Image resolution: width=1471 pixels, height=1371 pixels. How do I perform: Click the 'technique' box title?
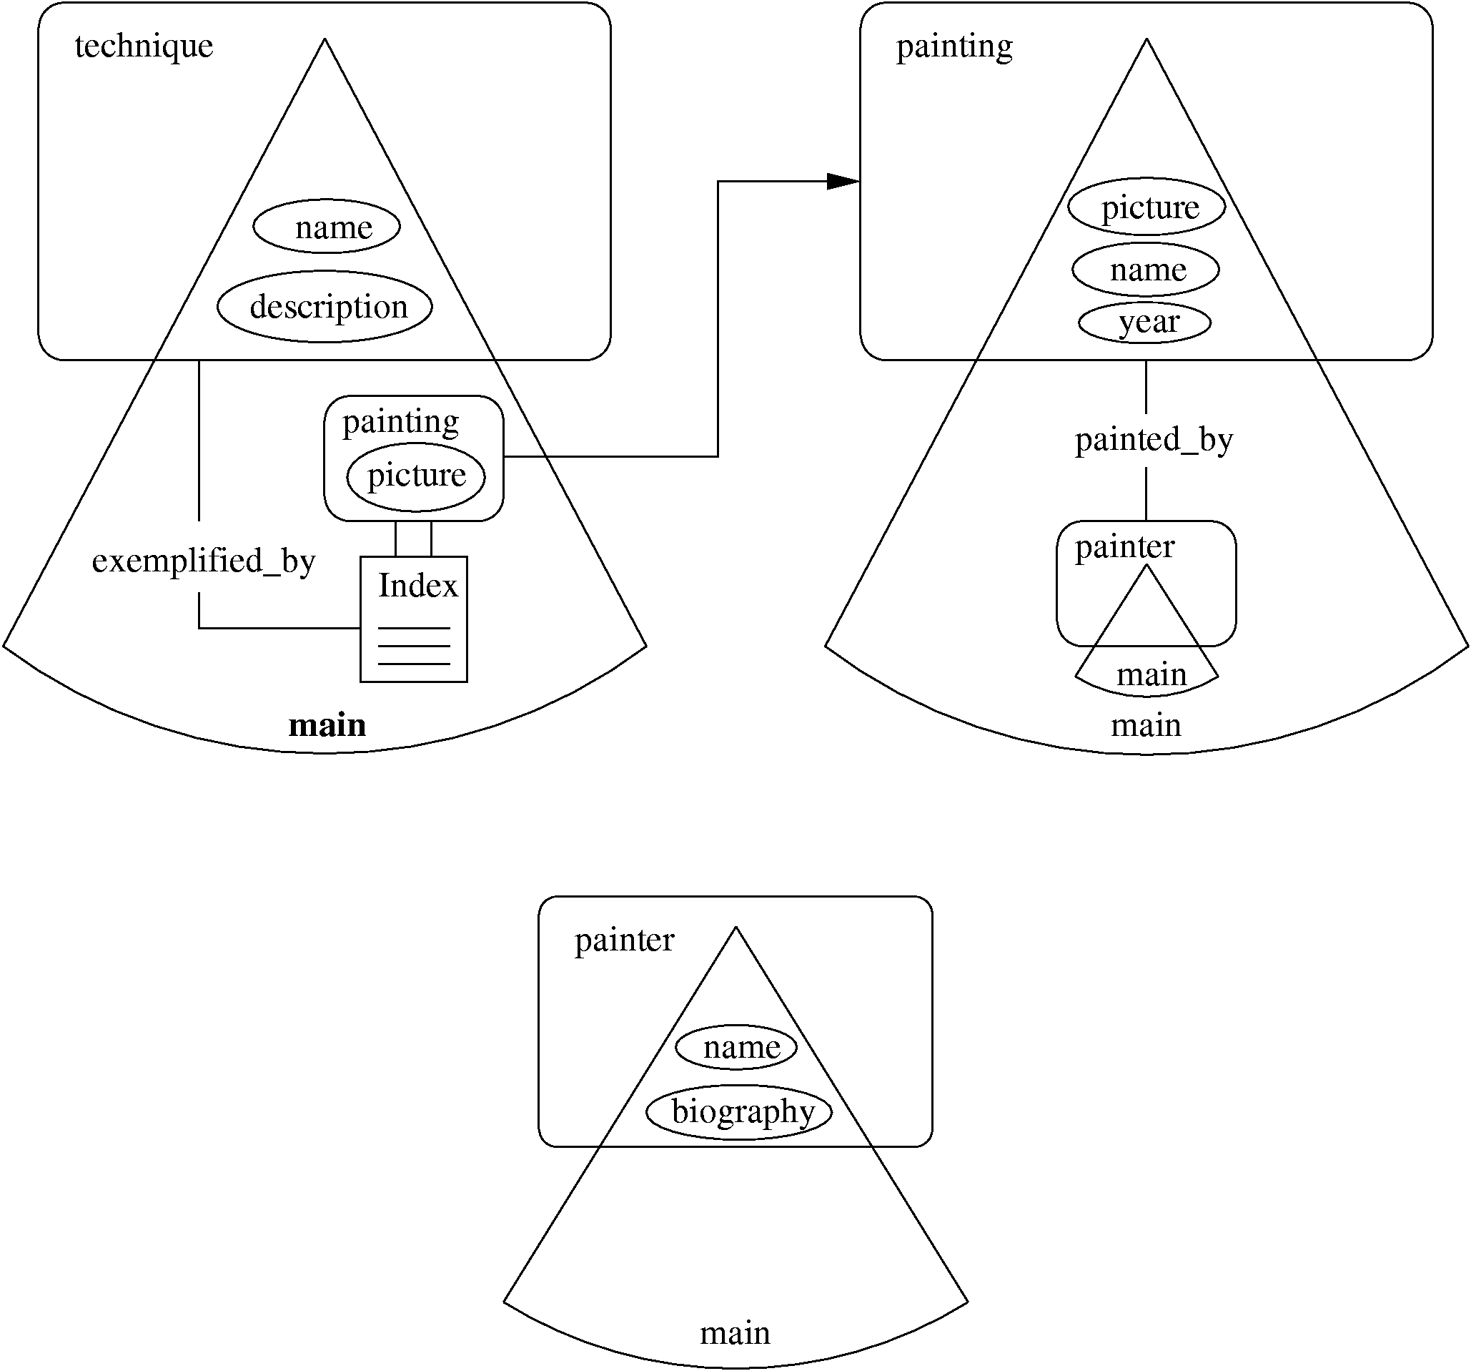click(x=144, y=46)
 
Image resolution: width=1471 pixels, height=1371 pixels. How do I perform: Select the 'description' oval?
click(x=325, y=307)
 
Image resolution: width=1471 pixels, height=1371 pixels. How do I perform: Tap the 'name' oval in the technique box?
click(x=327, y=227)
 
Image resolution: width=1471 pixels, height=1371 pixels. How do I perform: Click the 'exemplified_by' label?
click(x=204, y=561)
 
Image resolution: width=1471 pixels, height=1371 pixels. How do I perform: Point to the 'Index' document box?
click(x=414, y=619)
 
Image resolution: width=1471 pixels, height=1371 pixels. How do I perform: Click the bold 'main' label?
click(x=327, y=724)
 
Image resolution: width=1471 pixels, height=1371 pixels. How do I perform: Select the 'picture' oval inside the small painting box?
click(x=416, y=476)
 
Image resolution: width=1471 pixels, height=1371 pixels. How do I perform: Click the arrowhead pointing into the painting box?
click(x=842, y=181)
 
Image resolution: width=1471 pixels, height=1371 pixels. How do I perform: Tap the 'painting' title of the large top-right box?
click(x=954, y=46)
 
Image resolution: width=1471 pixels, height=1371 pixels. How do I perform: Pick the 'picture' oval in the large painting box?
click(x=1147, y=207)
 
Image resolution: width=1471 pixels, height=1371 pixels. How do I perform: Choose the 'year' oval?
click(x=1144, y=322)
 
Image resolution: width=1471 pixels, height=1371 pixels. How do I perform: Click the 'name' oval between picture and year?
click(x=1146, y=270)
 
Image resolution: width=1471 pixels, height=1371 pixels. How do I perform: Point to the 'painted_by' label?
click(x=1154, y=440)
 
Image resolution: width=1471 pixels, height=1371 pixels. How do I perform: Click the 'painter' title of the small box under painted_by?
click(x=1124, y=547)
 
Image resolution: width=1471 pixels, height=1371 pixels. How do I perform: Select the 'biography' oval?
click(x=740, y=1111)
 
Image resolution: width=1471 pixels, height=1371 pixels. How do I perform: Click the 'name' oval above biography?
click(x=737, y=1047)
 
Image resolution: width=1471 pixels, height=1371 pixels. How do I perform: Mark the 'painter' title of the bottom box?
click(x=624, y=940)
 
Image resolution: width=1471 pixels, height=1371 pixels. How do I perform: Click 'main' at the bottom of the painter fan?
click(x=735, y=1332)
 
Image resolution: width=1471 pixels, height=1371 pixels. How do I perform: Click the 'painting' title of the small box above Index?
click(x=400, y=421)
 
